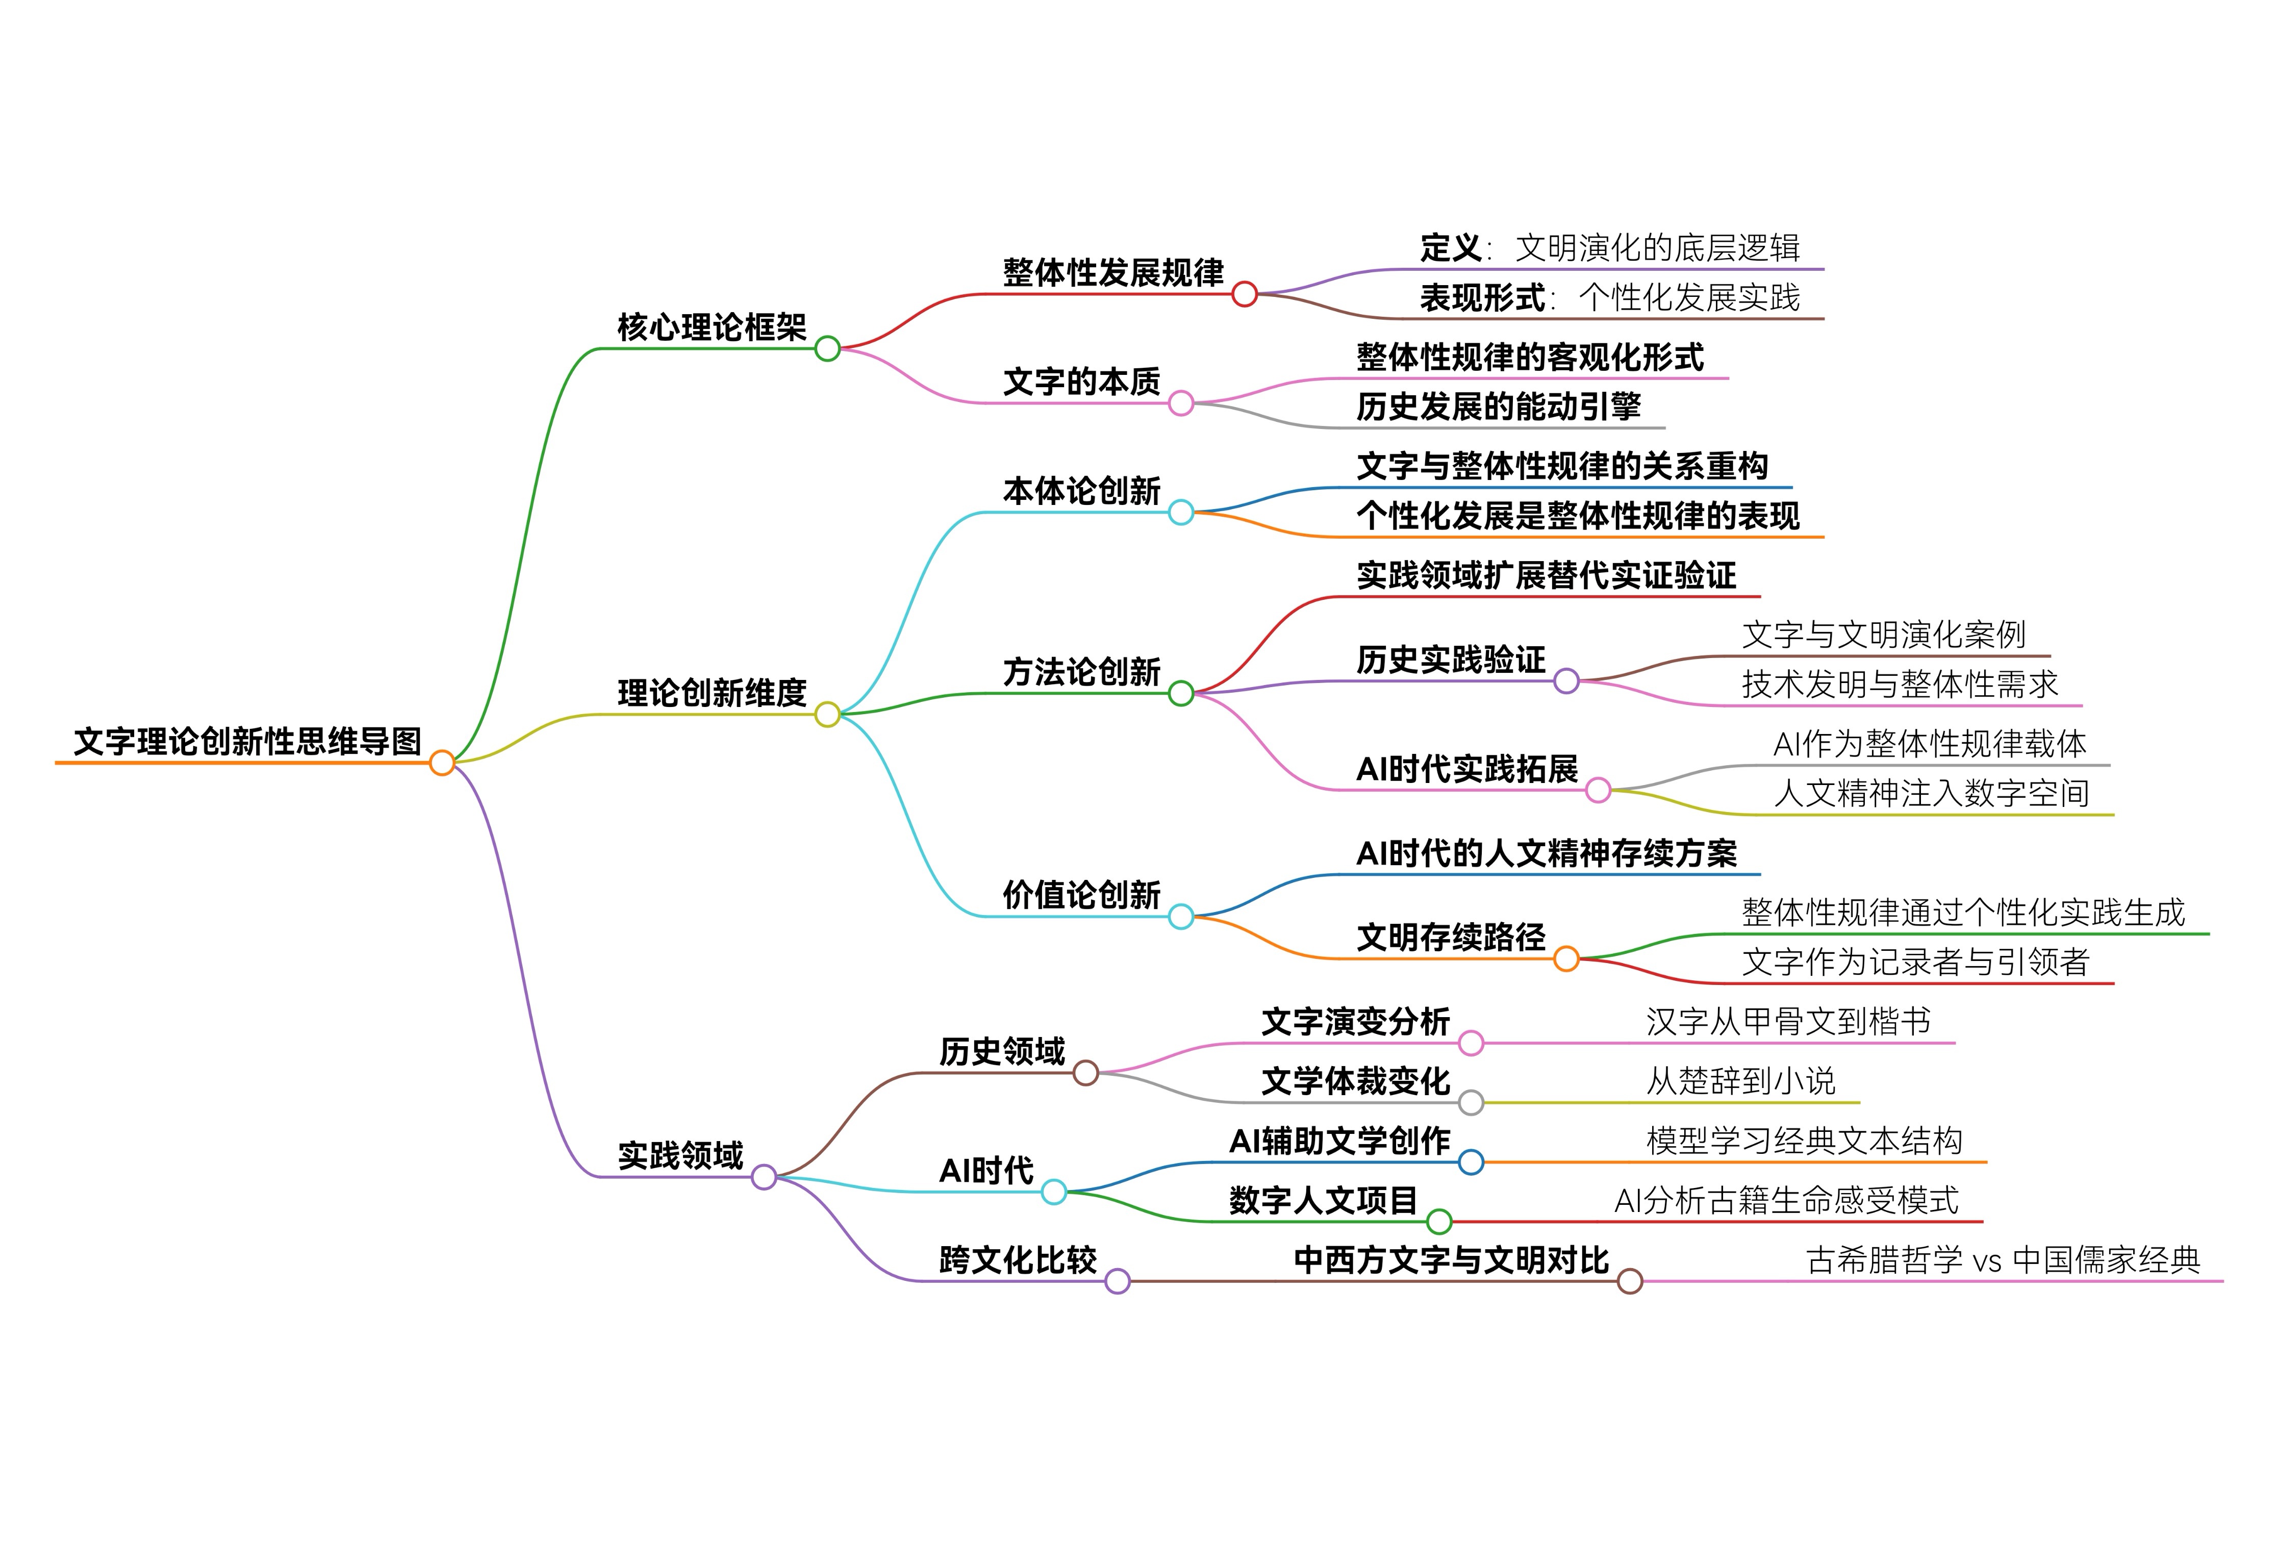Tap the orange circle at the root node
(442, 762)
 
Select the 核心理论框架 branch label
(712, 327)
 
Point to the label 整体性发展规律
(1113, 272)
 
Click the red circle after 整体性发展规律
(1244, 294)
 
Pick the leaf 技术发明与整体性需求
(1900, 684)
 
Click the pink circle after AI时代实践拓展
(1598, 790)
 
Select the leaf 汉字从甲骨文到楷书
(1788, 1022)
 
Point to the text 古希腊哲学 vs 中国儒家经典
(2003, 1260)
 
